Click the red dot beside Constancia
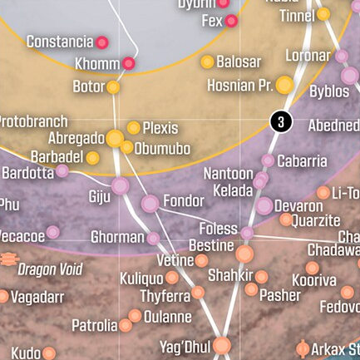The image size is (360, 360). pos(102,42)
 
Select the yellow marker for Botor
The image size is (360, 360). pos(112,86)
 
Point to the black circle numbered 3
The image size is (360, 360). pos(281,121)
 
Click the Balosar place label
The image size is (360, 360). pos(239,62)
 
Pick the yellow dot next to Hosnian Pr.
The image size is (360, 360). pos(284,85)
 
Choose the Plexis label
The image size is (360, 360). pos(160,128)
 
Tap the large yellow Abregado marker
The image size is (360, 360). pos(115,139)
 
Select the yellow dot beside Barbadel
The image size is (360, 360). pos(93,157)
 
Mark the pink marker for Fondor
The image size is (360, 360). pos(150,203)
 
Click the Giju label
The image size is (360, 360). pos(99,197)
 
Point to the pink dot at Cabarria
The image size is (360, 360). pos(268,160)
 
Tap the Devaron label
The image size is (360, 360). pos(298,205)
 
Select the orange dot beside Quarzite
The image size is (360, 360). pos(285,220)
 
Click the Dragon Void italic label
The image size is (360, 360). pos(50,269)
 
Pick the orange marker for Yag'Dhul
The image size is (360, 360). pos(222,345)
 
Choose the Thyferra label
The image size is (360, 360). pos(165,295)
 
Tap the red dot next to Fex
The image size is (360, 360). pos(232,21)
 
